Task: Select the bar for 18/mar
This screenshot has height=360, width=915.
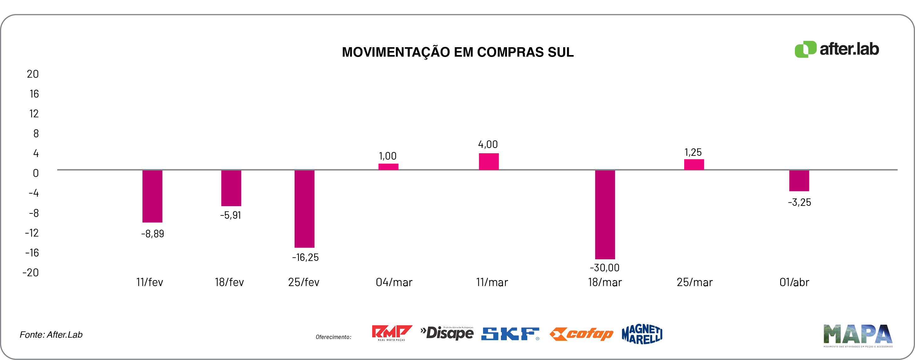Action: pyautogui.click(x=605, y=214)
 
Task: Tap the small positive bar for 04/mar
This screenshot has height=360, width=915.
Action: pyautogui.click(x=388, y=167)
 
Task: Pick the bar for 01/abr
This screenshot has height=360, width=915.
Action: pyautogui.click(x=799, y=181)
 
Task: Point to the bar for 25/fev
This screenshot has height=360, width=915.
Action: pyautogui.click(x=304, y=209)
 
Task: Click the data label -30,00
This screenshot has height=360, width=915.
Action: pyautogui.click(x=605, y=267)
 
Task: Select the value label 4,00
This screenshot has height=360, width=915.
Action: pyautogui.click(x=488, y=144)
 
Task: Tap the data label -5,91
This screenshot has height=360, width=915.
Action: pyautogui.click(x=230, y=215)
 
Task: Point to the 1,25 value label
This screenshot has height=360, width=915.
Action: pyautogui.click(x=693, y=152)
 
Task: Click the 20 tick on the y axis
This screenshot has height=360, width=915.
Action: pyautogui.click(x=33, y=74)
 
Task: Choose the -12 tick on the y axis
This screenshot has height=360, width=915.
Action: pyautogui.click(x=32, y=233)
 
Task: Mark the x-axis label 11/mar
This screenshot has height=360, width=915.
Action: pyautogui.click(x=492, y=283)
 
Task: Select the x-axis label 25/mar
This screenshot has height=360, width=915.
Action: pyautogui.click(x=694, y=283)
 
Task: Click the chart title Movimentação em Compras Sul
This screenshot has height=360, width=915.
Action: pyautogui.click(x=457, y=52)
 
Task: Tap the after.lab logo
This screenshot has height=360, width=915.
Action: pyautogui.click(x=837, y=49)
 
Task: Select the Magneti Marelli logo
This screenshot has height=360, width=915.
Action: pyautogui.click(x=642, y=334)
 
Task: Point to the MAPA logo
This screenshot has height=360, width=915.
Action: pyautogui.click(x=858, y=335)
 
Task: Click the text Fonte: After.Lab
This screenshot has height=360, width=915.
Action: pyautogui.click(x=51, y=335)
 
